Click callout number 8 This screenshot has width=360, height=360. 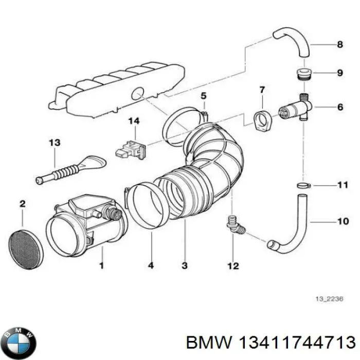(x=339, y=45)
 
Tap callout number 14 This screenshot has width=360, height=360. (x=134, y=121)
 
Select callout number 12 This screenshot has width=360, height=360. (x=233, y=265)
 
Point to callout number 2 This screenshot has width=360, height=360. (x=22, y=204)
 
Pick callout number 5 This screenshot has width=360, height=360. (x=203, y=96)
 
